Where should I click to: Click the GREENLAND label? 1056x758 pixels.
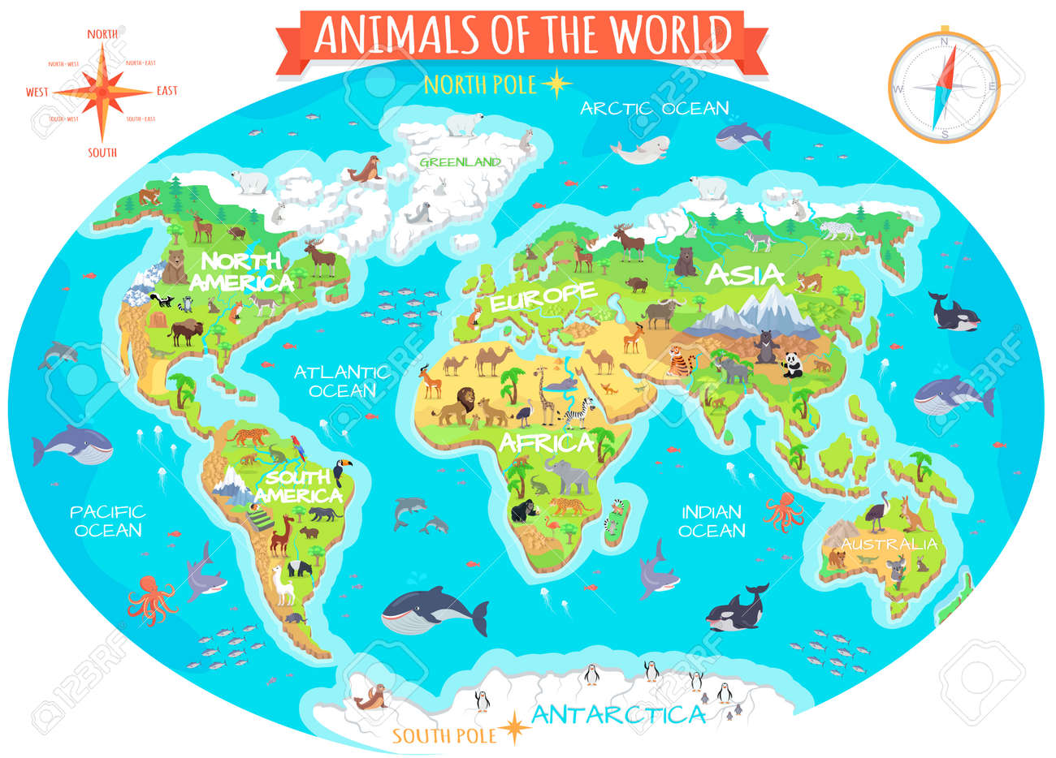[x=460, y=162]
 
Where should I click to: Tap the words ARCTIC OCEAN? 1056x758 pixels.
[x=654, y=108]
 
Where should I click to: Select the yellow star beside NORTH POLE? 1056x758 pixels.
[x=556, y=83]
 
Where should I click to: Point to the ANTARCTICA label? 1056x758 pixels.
[x=617, y=715]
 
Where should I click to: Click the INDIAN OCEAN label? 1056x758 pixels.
[x=712, y=521]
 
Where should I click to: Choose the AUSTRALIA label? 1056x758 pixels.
[x=889, y=544]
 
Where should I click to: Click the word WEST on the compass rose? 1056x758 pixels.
[x=37, y=92]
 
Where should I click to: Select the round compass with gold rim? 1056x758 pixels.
[x=943, y=87]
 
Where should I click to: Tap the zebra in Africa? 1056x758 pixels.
[x=578, y=415]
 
